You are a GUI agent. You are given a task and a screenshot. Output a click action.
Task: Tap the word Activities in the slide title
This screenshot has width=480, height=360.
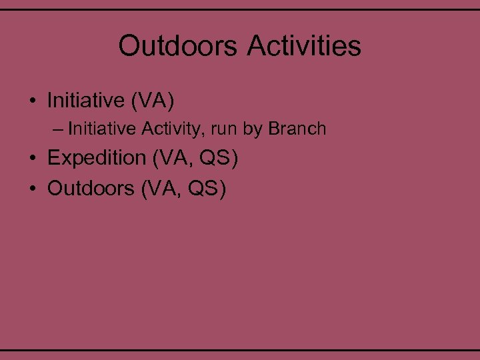(304, 47)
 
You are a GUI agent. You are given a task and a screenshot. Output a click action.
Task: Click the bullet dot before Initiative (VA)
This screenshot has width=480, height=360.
(32, 102)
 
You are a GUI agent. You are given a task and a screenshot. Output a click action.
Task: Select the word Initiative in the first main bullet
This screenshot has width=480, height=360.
(86, 101)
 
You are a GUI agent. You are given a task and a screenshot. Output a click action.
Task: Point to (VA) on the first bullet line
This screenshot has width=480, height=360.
(153, 101)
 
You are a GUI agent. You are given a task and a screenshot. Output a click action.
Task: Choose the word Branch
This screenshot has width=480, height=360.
(297, 128)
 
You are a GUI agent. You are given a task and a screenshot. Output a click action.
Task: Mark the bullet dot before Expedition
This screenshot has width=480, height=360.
(32, 159)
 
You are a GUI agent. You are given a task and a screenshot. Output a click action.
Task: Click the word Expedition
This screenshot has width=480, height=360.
(90, 159)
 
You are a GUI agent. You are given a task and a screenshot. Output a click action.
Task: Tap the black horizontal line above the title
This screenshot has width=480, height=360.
(240, 10)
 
